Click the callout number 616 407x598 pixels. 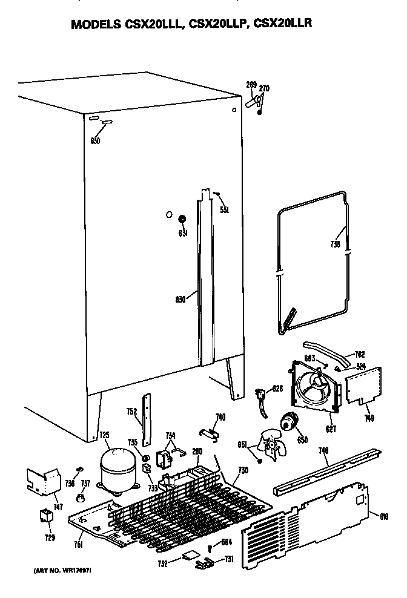point(384,516)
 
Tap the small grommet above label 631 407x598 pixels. point(182,218)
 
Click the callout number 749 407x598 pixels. point(369,418)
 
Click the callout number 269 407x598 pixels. point(251,85)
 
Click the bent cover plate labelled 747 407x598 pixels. point(44,481)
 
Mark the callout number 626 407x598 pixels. point(277,388)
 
